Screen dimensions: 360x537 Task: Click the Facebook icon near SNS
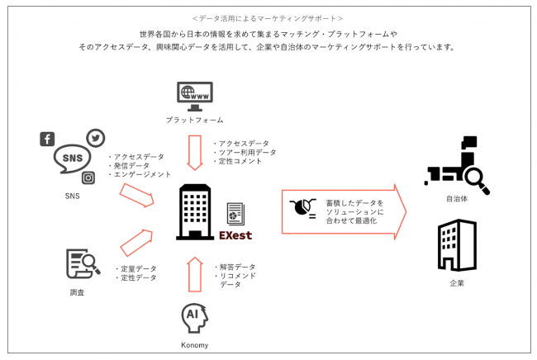pos(47,139)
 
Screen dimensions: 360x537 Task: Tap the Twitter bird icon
pos(96,138)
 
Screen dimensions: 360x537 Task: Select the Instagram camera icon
pos(88,178)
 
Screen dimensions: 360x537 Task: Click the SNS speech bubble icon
pos(73,158)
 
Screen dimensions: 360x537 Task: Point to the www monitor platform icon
pos(194,96)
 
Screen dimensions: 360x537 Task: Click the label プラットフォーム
pos(194,121)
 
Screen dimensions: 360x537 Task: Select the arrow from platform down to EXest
pos(195,152)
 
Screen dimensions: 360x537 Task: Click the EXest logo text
pos(235,236)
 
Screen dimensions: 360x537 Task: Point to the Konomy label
pos(194,345)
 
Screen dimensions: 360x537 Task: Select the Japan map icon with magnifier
pos(457,165)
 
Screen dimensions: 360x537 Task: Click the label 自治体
pos(457,200)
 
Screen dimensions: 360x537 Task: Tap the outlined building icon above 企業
pos(457,245)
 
